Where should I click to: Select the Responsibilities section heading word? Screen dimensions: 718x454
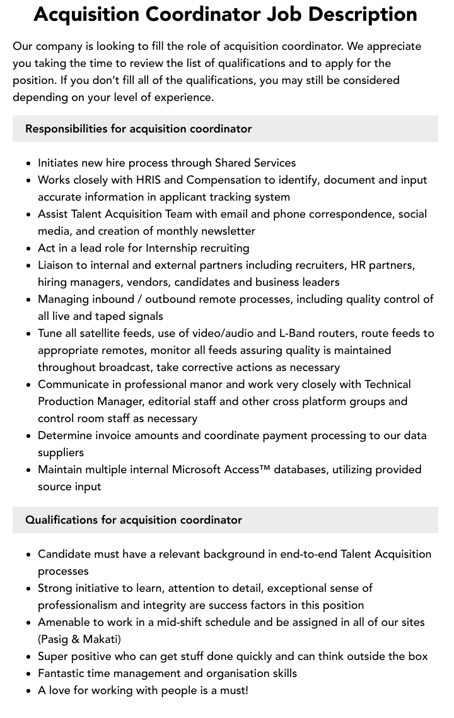tap(66, 129)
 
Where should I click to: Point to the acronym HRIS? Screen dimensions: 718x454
tap(144, 180)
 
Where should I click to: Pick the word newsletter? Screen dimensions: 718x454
tap(224, 231)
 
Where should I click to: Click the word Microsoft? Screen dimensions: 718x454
tap(206, 469)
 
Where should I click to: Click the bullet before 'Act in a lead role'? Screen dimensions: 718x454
tap(29, 249)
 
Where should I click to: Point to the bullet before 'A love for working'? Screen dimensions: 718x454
tap(29, 691)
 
